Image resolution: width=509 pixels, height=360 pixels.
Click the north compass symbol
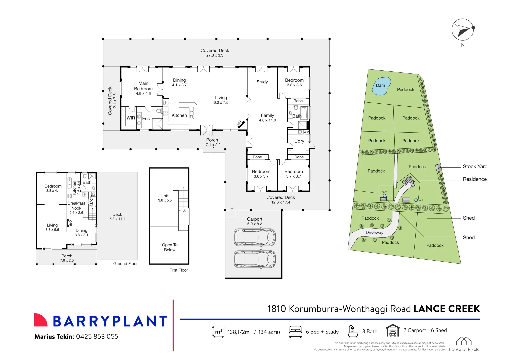coord(463,30)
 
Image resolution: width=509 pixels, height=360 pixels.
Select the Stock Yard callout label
coord(475,166)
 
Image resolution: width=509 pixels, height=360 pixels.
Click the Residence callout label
coord(474,179)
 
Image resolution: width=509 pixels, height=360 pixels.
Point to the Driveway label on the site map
coord(374,233)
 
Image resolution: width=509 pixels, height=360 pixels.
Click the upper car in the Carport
coord(255,237)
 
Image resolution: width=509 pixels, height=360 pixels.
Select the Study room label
coord(262,82)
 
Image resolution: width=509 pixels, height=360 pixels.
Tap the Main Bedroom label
coord(143,86)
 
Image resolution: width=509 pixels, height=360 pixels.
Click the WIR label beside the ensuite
coord(131,118)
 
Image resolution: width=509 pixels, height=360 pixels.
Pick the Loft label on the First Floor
coord(165,196)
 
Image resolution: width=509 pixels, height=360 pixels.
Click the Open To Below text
coord(170,247)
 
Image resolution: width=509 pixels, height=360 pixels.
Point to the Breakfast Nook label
coord(76,206)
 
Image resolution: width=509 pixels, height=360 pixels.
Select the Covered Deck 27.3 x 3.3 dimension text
coord(215,55)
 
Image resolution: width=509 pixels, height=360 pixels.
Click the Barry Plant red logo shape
coord(41,320)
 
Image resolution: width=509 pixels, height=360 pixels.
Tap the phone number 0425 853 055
coord(97,337)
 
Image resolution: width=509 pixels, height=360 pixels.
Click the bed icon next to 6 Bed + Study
coord(295,332)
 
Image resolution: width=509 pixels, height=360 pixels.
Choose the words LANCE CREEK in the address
coord(446,309)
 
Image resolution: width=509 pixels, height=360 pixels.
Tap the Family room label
coord(267,115)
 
